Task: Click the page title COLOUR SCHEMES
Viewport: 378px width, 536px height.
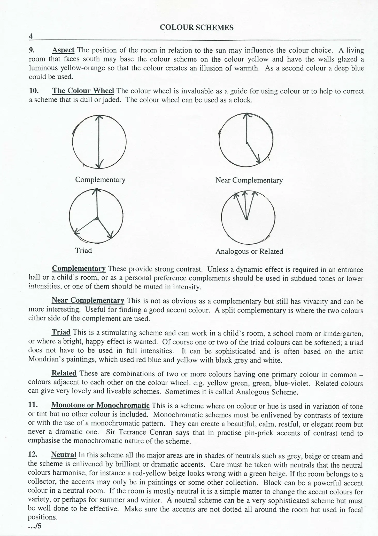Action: point(197,28)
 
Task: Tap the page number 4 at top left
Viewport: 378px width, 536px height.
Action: point(31,36)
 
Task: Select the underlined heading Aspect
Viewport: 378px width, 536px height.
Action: point(63,50)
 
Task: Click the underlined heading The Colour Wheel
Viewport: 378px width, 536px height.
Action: point(83,91)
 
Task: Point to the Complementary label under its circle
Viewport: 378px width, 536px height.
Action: point(100,180)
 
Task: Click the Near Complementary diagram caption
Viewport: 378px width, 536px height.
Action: point(249,180)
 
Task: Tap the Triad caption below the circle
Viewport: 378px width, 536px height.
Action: point(83,250)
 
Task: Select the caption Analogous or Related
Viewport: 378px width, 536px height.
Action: point(249,251)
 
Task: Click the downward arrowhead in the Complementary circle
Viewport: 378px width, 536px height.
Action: point(99,165)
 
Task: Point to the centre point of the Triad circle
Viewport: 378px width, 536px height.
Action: point(97,219)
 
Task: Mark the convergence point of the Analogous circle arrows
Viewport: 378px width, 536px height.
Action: point(246,219)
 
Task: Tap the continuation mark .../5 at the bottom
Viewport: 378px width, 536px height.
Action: point(35,526)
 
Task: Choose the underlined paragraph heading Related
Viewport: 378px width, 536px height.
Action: point(64,373)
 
